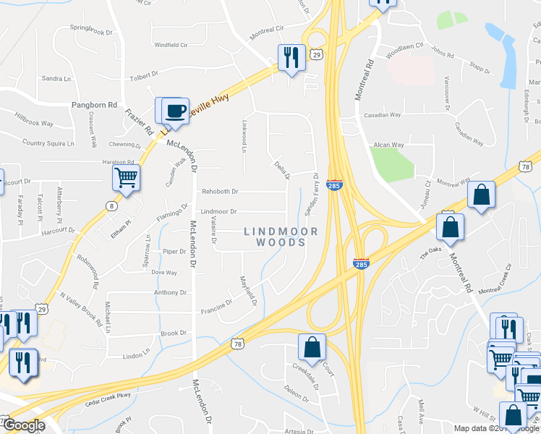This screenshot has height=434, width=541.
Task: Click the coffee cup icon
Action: (x=175, y=111)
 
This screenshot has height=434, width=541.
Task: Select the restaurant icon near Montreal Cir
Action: (x=291, y=57)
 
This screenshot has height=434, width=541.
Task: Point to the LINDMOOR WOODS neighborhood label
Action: (x=281, y=237)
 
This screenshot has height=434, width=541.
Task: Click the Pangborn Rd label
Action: (x=94, y=105)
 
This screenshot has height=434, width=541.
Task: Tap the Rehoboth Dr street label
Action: (x=220, y=191)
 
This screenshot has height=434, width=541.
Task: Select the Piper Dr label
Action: (x=174, y=252)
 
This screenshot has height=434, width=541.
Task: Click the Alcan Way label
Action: (x=388, y=145)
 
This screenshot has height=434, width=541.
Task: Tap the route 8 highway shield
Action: (x=111, y=206)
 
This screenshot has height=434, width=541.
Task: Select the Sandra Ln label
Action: (x=56, y=78)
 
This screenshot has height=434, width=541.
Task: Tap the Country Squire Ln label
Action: (x=48, y=143)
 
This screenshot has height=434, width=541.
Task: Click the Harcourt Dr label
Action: (x=58, y=231)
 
